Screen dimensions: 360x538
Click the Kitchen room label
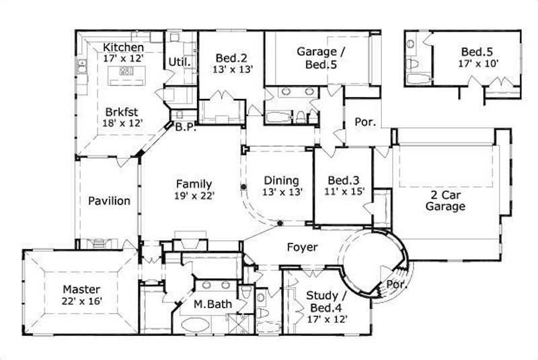click(x=124, y=48)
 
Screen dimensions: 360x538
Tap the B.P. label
click(x=185, y=128)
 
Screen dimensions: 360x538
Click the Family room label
click(x=194, y=184)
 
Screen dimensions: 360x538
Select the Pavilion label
click(x=109, y=201)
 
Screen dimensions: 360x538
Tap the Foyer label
click(x=302, y=248)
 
